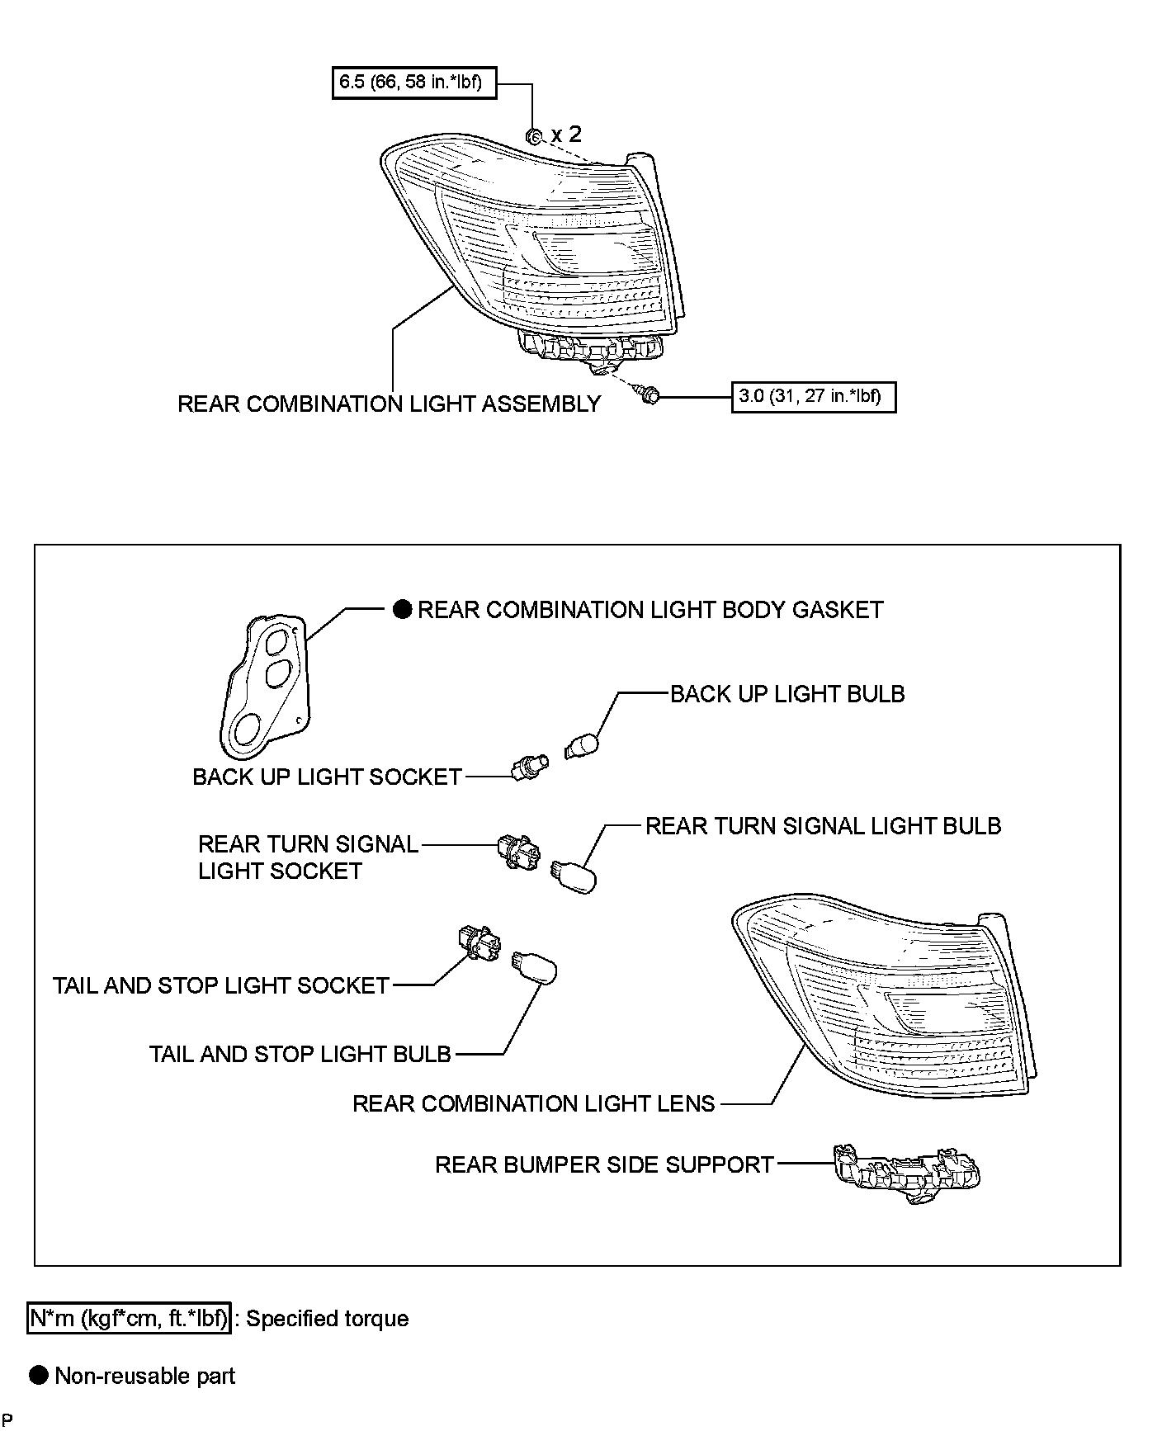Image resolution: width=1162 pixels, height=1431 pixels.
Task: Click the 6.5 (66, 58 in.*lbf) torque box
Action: pyautogui.click(x=413, y=83)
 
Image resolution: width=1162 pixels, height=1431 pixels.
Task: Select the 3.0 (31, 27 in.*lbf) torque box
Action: pyautogui.click(x=813, y=396)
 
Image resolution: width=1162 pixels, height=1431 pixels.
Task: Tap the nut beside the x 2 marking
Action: pyautogui.click(x=533, y=136)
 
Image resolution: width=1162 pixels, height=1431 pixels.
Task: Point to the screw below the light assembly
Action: pyautogui.click(x=649, y=396)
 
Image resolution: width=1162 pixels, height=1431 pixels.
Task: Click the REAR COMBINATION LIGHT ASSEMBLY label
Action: pyautogui.click(x=389, y=404)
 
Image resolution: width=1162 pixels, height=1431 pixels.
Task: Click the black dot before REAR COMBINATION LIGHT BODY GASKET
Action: pyautogui.click(x=402, y=610)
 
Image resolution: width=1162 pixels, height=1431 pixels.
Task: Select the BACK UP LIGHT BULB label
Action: pyautogui.click(x=786, y=694)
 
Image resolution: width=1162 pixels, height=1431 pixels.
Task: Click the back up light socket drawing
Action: pyautogui.click(x=529, y=768)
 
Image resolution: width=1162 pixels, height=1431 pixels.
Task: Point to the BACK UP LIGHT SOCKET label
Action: pyautogui.click(x=327, y=777)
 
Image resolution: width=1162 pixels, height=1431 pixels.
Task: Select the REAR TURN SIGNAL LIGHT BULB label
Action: pyautogui.click(x=823, y=826)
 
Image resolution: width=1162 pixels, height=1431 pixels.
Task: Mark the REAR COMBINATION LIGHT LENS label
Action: pyautogui.click(x=533, y=1104)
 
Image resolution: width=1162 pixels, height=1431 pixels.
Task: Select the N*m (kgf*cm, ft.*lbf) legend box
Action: pyautogui.click(x=130, y=1319)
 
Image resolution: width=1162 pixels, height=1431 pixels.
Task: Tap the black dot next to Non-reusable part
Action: pyautogui.click(x=39, y=1375)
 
